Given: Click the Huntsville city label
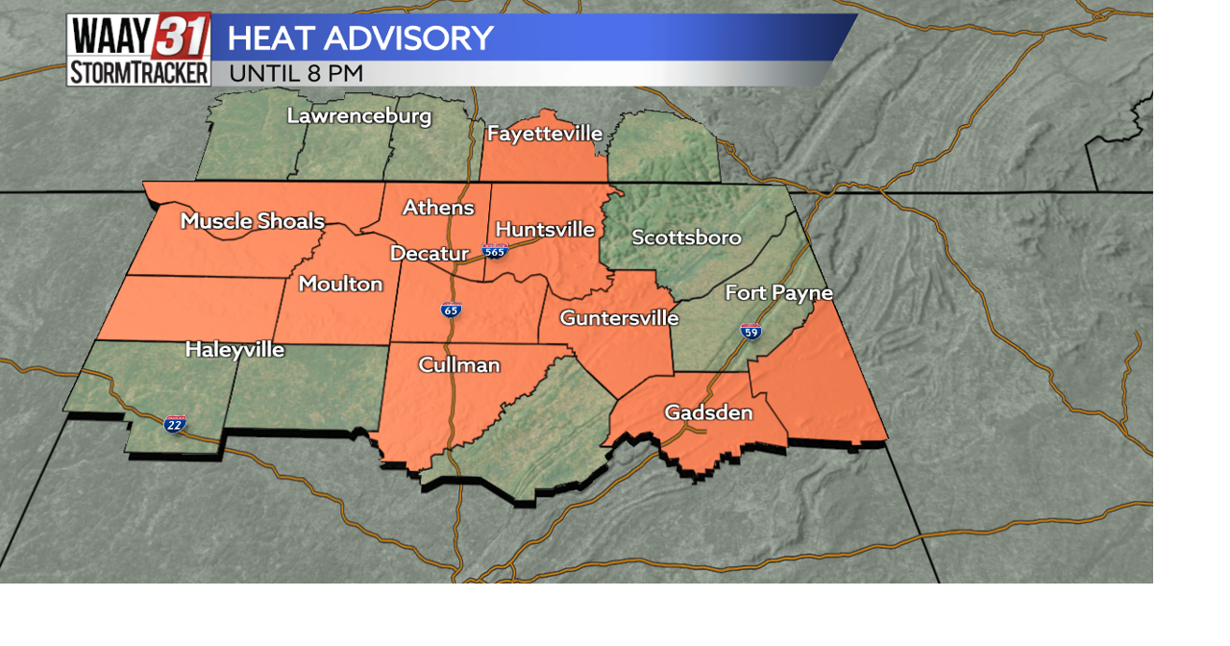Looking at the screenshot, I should coord(545,230).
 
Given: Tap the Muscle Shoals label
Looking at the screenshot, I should coord(253,221).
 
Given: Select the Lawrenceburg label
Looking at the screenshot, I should coord(359,116).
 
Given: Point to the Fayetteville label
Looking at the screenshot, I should coord(545,134).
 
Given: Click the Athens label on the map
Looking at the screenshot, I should coord(438,208).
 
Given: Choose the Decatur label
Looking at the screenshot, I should coord(429,254).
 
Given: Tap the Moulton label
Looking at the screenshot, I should coord(340,284).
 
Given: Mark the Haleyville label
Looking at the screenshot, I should coord(234,350).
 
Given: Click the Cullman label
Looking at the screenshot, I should coord(459,365).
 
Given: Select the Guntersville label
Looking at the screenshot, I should coord(619,318).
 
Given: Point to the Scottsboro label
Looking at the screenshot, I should coord(686,237).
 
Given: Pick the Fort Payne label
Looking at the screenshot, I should coord(778,293).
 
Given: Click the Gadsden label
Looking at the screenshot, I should coord(708,413).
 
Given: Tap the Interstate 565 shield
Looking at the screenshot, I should coord(495,252).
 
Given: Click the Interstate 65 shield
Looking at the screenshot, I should coord(451,310).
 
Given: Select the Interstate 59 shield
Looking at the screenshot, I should coord(751,333).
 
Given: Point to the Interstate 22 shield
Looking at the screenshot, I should coord(175,424).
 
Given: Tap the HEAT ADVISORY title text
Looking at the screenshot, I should coord(360,38).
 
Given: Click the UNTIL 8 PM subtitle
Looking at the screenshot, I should coord(296,73).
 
